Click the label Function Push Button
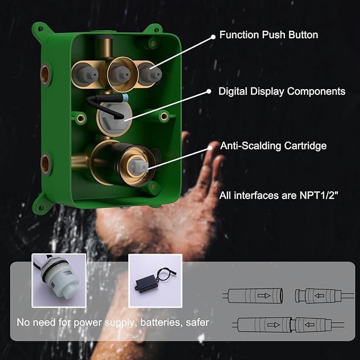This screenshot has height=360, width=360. pyautogui.click(x=269, y=35)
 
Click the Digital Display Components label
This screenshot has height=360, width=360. pyautogui.click(x=282, y=91)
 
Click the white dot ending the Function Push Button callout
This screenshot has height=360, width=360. pyautogui.click(x=214, y=36)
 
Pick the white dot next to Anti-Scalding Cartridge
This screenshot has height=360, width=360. pyautogui.click(x=215, y=145)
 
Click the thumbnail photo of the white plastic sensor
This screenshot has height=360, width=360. pyautogui.click(x=59, y=280)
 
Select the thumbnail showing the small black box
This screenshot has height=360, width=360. pyautogui.click(x=155, y=280)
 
